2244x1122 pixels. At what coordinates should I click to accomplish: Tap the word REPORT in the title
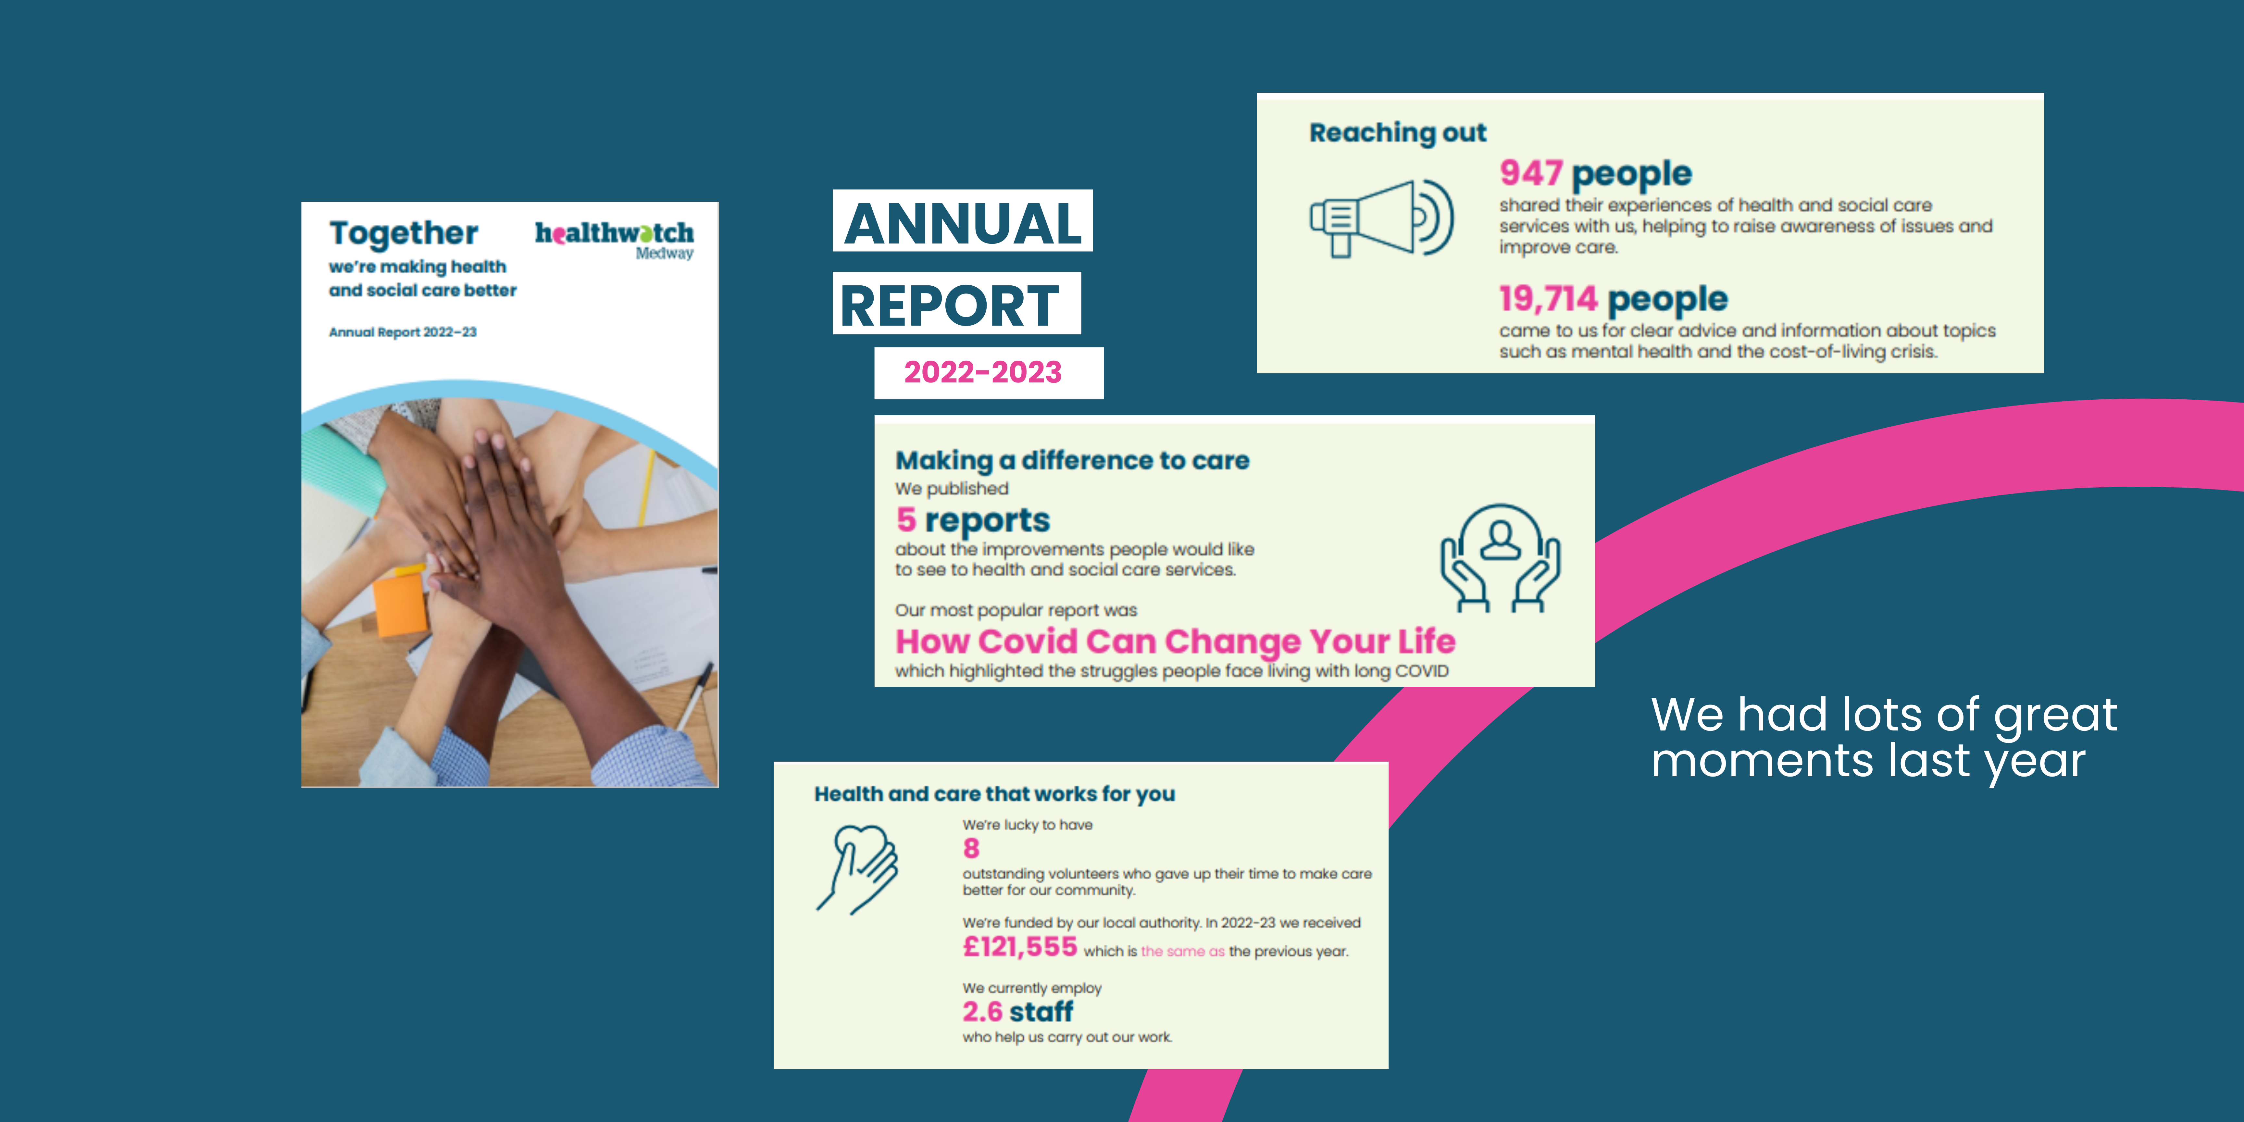click(950, 305)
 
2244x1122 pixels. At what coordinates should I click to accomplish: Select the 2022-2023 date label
click(983, 372)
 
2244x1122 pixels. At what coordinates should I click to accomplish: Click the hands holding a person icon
click(1500, 558)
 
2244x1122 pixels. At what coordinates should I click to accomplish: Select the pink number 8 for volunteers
click(971, 848)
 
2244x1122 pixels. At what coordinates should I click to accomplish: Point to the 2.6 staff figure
click(1017, 1011)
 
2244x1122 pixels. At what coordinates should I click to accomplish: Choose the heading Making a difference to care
click(1072, 460)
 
